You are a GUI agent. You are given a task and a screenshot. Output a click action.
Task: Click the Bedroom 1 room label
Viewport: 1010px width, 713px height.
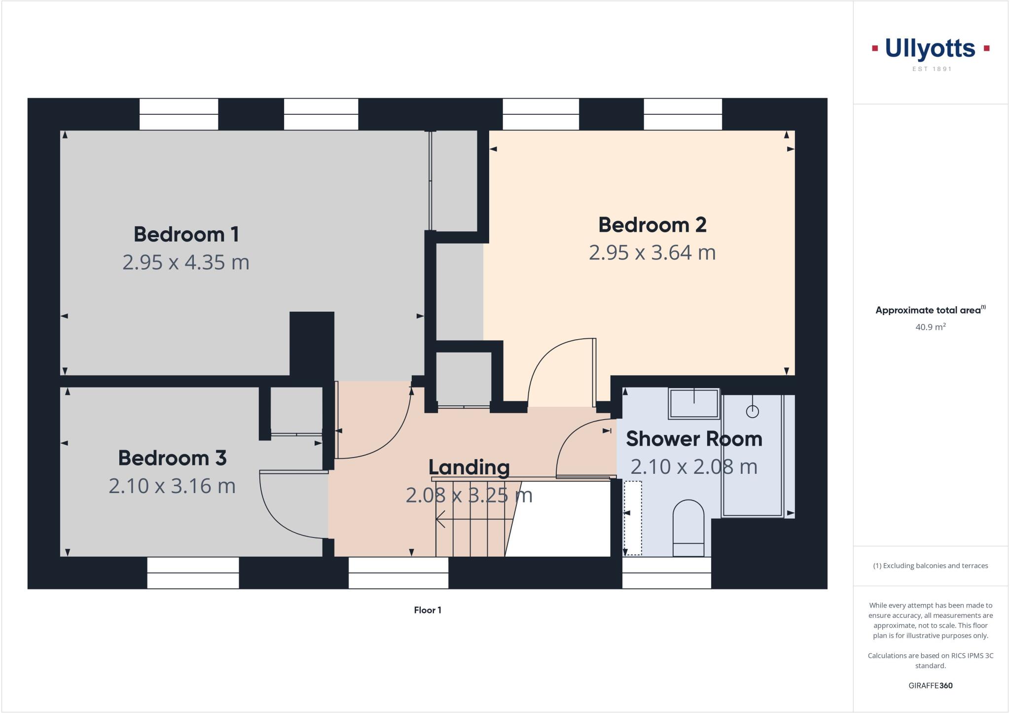click(x=186, y=234)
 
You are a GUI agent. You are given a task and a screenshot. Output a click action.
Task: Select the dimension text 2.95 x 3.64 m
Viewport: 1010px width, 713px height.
click(x=652, y=252)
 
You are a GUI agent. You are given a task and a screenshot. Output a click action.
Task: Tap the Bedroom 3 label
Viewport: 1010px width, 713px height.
click(x=172, y=458)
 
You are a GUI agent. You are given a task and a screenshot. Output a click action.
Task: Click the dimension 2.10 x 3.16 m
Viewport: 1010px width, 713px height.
click(x=172, y=486)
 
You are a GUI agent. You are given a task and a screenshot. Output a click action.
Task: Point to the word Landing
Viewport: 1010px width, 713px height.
click(x=469, y=467)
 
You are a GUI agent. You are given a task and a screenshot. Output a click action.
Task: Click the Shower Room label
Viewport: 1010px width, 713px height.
click(x=694, y=439)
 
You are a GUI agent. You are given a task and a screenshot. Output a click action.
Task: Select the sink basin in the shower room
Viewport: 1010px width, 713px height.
click(x=694, y=403)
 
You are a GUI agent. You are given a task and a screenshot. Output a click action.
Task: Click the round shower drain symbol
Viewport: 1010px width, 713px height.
click(x=752, y=411)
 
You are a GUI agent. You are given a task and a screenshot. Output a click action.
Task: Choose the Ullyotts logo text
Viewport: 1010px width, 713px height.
click(x=930, y=48)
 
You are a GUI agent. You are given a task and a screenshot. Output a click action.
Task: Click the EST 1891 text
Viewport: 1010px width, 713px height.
click(x=932, y=69)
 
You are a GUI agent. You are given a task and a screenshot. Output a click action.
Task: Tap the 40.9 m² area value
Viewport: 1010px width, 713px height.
click(x=930, y=327)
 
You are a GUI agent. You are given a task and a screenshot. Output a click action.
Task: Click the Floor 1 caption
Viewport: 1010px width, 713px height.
click(x=428, y=610)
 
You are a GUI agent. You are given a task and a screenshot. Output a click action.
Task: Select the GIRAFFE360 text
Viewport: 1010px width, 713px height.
click(x=930, y=685)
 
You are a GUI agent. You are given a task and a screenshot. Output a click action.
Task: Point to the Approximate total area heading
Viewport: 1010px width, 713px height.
click(x=928, y=310)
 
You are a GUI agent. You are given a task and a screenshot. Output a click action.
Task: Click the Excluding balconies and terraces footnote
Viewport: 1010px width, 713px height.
click(x=930, y=566)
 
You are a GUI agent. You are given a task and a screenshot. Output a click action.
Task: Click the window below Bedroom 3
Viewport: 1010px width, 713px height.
click(x=193, y=572)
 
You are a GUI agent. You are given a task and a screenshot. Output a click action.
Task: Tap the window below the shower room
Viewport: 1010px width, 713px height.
click(x=666, y=572)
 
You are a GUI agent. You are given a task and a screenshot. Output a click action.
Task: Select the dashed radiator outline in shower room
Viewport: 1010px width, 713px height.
click(x=633, y=518)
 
